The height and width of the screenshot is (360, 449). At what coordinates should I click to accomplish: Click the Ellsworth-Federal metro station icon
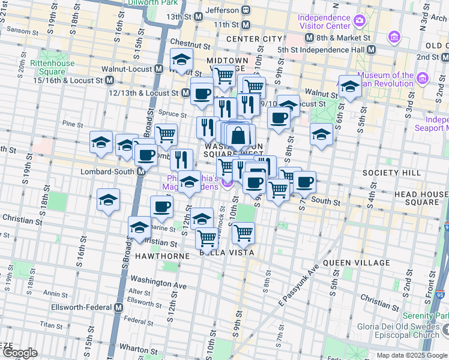coord(119,307)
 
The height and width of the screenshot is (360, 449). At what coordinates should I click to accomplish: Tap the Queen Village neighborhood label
coord(352,263)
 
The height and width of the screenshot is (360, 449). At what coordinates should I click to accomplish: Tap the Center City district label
coord(254,39)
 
